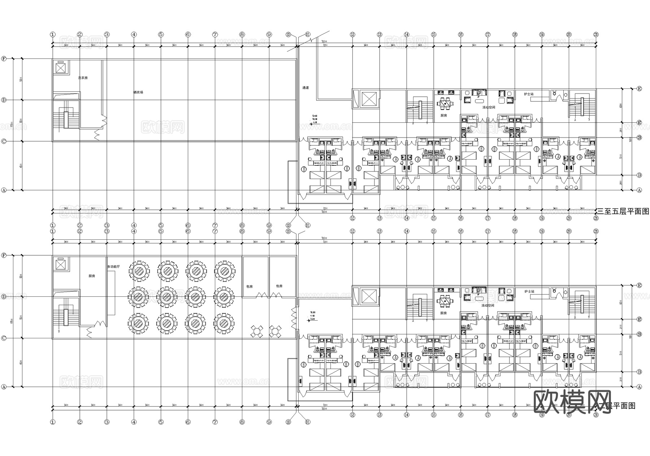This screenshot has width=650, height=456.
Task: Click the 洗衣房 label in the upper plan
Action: [x=83, y=78]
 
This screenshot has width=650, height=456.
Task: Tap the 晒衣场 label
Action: [x=138, y=92]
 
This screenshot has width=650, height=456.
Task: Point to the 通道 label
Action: [x=305, y=88]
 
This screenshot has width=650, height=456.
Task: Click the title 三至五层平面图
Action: [x=623, y=212]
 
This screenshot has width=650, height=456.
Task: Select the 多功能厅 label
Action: [x=113, y=267]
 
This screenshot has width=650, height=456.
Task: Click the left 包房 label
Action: [x=250, y=286]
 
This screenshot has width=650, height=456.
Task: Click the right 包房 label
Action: [x=279, y=286]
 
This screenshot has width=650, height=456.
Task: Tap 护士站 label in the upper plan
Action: [x=529, y=94]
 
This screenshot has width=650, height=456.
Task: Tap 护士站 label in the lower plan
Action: [x=529, y=291]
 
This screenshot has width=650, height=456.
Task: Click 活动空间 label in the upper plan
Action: [x=488, y=107]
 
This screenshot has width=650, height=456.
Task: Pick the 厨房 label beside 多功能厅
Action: [x=92, y=276]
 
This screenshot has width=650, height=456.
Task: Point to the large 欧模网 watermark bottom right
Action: [x=572, y=401]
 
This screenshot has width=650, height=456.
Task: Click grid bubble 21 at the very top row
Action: [x=596, y=35]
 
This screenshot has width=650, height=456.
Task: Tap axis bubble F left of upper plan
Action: [x=4, y=58]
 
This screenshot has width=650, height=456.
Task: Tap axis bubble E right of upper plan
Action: [x=639, y=88]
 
